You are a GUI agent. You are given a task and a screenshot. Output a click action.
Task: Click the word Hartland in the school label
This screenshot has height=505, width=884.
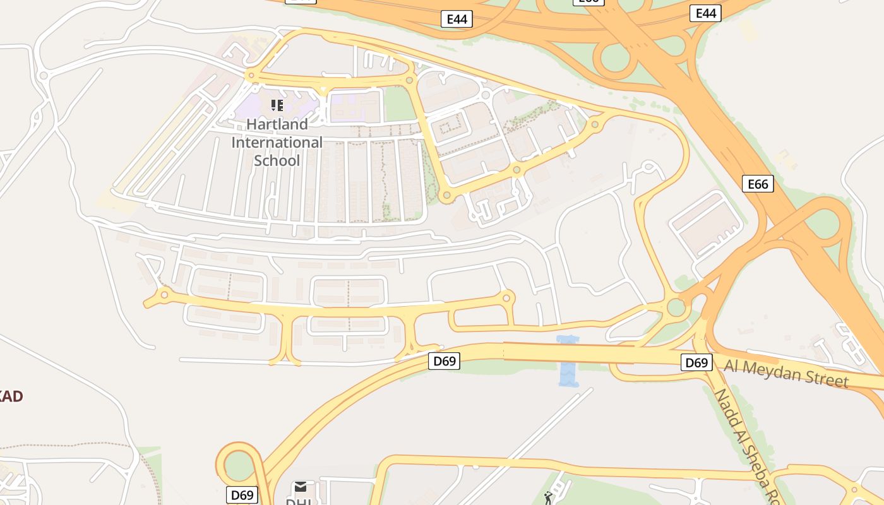pos(277,124)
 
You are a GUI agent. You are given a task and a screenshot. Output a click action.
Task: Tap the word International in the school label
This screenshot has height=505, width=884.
pos(277,142)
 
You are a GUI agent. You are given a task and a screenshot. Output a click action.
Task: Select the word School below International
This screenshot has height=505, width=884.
pos(277,160)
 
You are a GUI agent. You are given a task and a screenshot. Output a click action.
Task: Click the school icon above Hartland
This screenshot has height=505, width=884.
pos(277,105)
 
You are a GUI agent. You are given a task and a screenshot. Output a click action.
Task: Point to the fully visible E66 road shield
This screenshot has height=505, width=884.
pos(757,184)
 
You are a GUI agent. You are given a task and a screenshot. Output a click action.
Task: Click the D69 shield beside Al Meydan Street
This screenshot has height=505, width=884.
pos(696,362)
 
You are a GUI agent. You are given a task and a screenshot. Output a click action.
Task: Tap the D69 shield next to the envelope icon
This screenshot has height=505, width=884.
pos(242,495)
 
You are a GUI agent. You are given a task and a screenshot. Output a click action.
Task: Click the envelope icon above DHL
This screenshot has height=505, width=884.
pos(301,486)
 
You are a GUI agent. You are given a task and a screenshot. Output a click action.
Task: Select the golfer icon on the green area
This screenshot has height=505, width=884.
pos(547,498)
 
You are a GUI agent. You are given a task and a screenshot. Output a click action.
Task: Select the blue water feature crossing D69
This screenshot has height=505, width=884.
pos(568,361)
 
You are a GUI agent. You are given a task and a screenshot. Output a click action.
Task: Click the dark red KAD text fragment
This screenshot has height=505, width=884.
pos(11,396)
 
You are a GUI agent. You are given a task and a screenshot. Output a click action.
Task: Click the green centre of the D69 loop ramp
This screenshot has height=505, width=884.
pos(238,466)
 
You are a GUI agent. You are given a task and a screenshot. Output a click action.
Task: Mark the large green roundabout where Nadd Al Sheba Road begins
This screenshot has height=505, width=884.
pos(676,308)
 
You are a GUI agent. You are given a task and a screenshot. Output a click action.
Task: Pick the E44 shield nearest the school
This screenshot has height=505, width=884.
pos(457,19)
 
